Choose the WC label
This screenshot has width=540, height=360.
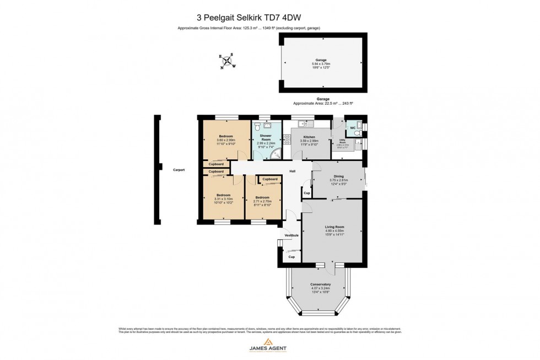click(353, 128)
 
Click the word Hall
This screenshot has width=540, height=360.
click(293, 171)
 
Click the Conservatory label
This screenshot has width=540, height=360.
click(321, 284)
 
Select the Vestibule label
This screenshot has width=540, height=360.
click(291, 235)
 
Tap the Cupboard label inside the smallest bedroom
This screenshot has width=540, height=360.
click(270, 179)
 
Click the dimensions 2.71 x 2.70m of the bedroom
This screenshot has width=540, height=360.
click(262, 201)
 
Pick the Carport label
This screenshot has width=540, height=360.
click(178, 170)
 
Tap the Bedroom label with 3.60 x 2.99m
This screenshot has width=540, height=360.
click(226, 136)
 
